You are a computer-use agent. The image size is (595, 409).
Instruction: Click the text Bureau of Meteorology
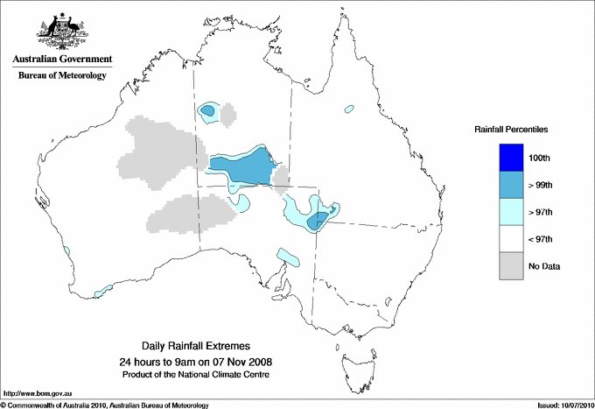62,75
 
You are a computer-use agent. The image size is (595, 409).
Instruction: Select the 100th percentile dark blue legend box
511,157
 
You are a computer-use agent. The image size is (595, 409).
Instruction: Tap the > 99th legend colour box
511,184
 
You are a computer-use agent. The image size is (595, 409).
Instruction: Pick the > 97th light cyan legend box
511,211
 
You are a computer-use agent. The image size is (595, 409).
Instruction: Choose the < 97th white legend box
511,238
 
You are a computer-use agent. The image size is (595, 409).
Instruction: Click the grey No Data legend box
511,265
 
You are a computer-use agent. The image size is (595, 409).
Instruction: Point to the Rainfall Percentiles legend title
511,129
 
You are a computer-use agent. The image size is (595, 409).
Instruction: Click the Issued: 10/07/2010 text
562,405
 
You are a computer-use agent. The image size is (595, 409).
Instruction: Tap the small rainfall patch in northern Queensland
349,109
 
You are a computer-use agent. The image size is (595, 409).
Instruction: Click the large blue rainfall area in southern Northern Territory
241,166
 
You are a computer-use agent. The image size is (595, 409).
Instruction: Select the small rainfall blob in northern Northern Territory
209,110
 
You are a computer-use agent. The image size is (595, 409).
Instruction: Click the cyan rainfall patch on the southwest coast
104,288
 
